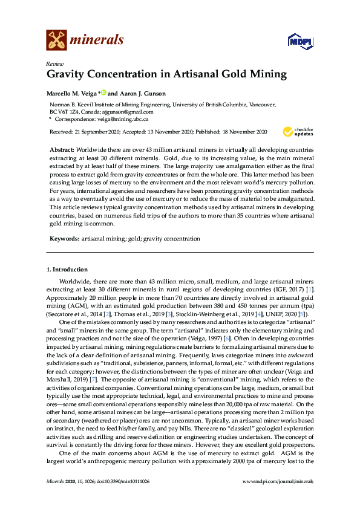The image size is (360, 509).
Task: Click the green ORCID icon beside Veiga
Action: click(x=103, y=92)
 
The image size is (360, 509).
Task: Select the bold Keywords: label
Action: click(x=63, y=239)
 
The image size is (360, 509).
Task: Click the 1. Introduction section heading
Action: click(x=67, y=268)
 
